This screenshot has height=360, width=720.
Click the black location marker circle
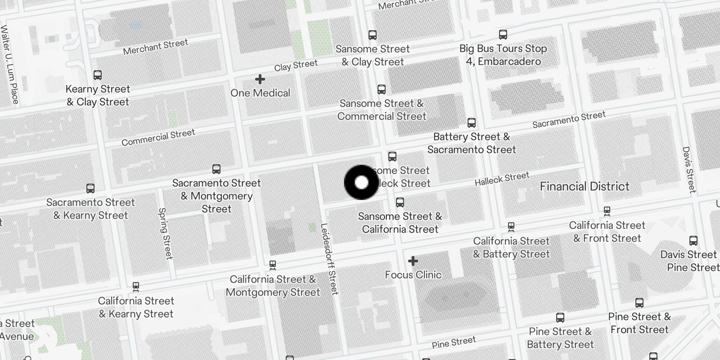[x=361, y=182]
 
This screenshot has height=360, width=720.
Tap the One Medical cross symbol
[x=260, y=80]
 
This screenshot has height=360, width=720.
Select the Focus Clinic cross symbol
[x=413, y=261]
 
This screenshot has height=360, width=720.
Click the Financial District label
[x=585, y=186]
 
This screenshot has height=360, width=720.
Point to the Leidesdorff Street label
[x=328, y=259]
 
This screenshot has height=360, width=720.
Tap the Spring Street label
[x=166, y=234]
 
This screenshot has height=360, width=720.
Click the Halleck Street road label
[x=502, y=179]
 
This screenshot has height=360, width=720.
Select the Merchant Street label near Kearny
[x=155, y=46]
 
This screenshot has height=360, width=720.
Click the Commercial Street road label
[x=158, y=137]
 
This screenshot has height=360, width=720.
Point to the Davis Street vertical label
[x=689, y=169]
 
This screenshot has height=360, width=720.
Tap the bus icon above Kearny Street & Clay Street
[x=98, y=75]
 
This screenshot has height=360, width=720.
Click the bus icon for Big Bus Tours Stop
[x=503, y=35]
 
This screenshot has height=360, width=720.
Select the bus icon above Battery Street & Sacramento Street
[x=471, y=123]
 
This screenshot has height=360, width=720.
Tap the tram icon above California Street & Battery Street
[x=511, y=227]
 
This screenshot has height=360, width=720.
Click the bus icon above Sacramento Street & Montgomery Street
[x=216, y=170]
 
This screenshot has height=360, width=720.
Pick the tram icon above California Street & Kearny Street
[x=136, y=287]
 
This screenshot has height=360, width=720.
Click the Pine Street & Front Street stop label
[x=639, y=323]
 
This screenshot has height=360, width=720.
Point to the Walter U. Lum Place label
[x=9, y=65]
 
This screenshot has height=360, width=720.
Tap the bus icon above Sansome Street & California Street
[x=400, y=202]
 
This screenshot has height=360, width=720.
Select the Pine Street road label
[x=454, y=342]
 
